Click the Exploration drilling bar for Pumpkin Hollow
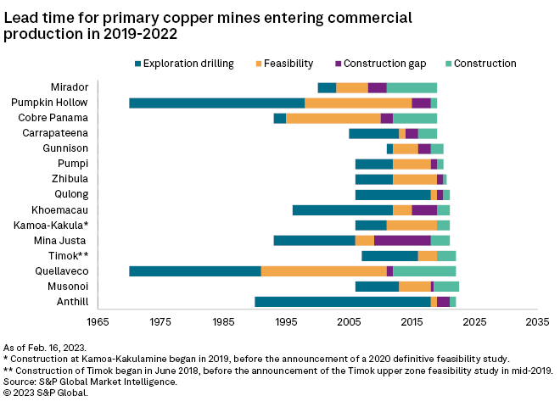coord(216,103)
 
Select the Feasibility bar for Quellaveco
coord(323,270)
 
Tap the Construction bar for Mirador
coord(412,87)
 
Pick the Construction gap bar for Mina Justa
coord(402,240)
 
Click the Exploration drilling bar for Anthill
coord(342,301)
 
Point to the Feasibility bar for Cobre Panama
coord(333,118)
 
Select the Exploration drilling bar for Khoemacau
coord(342,209)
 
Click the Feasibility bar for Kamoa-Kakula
coord(412,225)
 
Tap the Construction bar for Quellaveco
coord(424,270)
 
